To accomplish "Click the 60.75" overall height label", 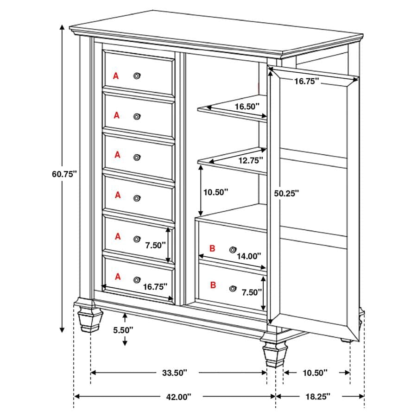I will pos(64,174).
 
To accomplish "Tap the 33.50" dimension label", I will pos(175,373).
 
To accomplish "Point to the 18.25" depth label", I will pos(317,397).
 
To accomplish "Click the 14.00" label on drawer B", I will pos(248,255).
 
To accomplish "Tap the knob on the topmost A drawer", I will pos(137,76).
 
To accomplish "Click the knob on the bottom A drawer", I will pos(137,279).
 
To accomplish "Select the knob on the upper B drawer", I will pos(233,249).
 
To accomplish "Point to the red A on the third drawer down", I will pos(117,155).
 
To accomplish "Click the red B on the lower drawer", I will pos(213,285).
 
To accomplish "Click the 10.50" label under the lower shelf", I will pos(215,192).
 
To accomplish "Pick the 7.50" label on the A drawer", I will pos(154,246).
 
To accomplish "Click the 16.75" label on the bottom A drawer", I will pos(155,286).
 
